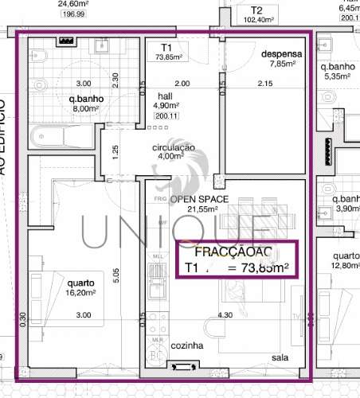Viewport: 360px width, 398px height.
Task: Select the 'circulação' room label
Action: point(174,146)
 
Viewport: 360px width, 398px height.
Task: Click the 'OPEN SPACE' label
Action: point(199,198)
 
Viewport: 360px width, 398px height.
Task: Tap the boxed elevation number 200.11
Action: point(167,115)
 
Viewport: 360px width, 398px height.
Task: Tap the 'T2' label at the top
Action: point(256,10)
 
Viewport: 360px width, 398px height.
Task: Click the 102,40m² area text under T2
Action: point(261,21)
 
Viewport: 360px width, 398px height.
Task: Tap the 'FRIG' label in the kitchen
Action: point(159,197)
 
